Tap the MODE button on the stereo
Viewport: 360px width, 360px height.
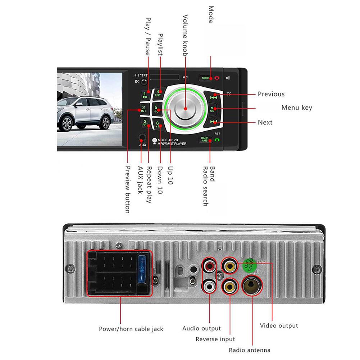206,78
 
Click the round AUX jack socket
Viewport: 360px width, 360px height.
142,138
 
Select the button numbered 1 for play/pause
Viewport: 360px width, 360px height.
145,95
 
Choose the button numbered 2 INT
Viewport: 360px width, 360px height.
143,109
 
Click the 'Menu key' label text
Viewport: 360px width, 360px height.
296,108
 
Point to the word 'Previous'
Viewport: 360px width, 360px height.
271,94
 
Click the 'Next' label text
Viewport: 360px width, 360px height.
265,122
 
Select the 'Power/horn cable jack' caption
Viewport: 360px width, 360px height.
131,329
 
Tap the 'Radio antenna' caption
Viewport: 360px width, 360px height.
250,350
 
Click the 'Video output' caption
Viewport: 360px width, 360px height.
279,326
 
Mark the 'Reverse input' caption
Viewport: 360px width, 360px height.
215,339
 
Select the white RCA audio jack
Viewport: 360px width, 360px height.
209,286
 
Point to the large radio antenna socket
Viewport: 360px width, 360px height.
253,284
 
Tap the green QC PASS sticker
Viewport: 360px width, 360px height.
250,265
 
